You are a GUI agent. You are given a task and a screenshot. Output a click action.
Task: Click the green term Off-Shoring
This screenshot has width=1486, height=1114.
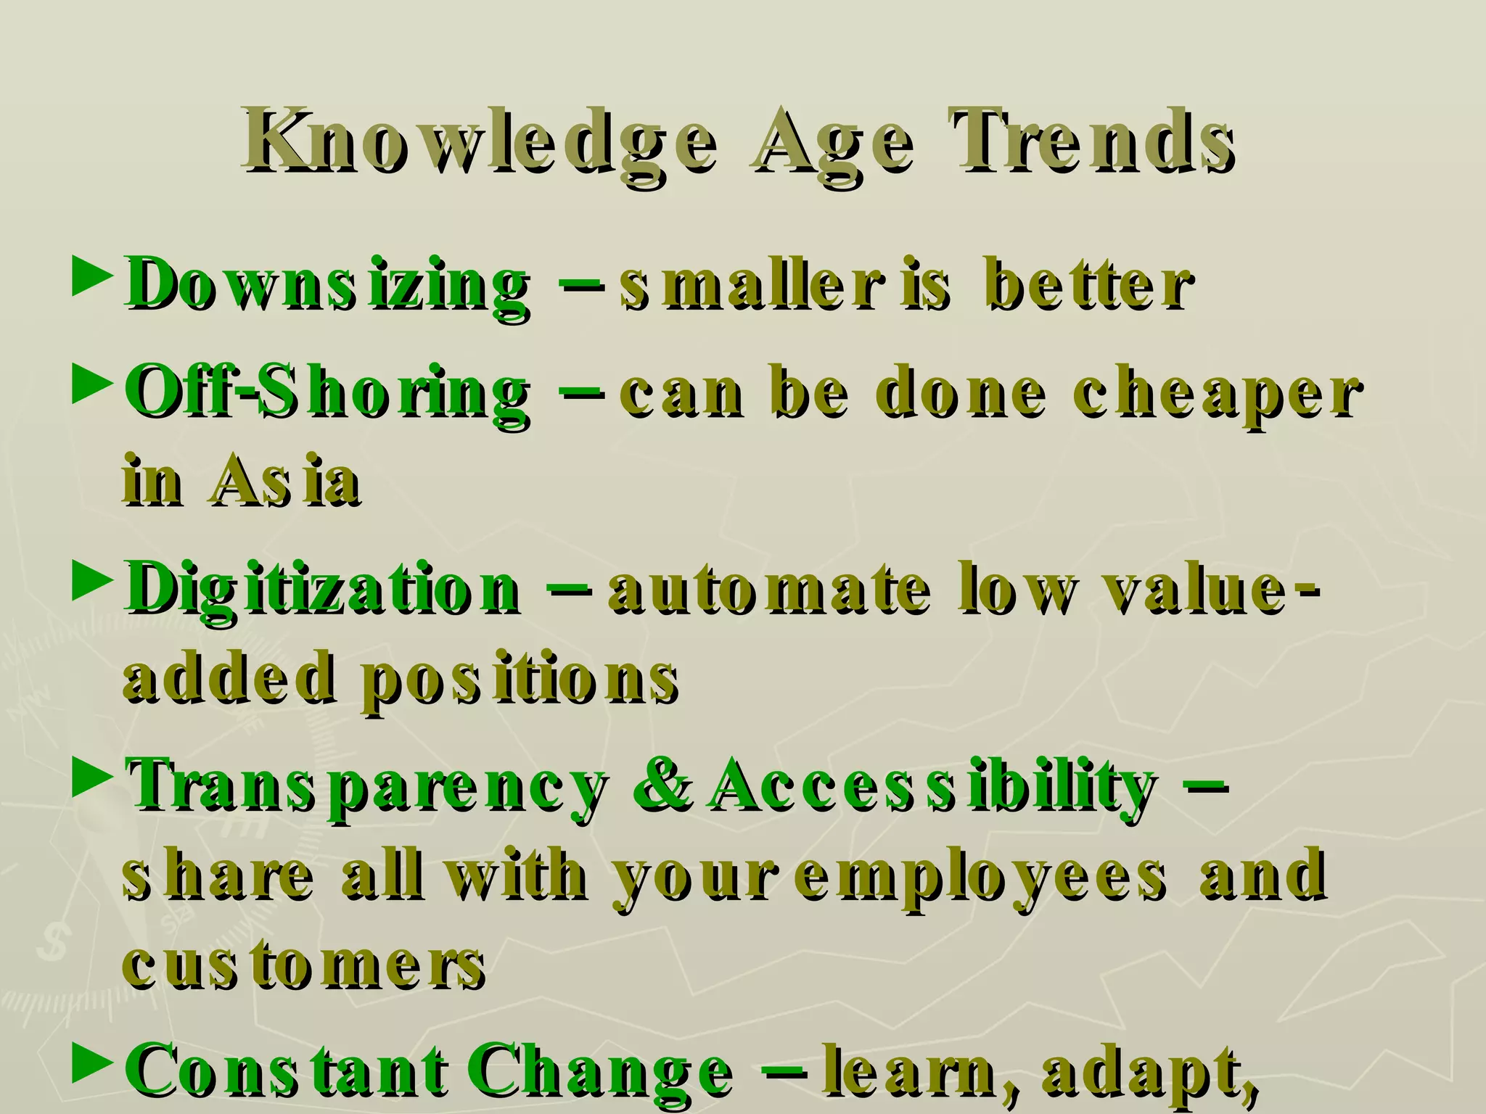pos(327,393)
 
